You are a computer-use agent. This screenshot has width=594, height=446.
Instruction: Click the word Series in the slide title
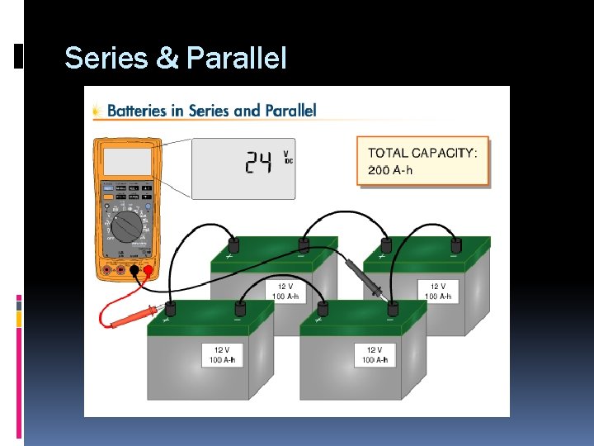coord(102,59)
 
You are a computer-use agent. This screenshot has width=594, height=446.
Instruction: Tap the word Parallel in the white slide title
coord(237,59)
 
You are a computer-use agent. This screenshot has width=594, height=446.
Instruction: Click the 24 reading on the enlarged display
coord(257,164)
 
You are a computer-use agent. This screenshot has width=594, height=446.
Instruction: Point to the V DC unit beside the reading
coord(287,157)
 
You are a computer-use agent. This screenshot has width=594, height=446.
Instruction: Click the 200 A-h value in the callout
coord(391,171)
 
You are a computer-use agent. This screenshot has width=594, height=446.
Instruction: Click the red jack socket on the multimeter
coord(148,270)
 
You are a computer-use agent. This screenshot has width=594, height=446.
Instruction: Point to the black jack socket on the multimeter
coord(134,270)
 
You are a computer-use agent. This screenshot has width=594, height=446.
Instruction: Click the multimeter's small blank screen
coord(126,162)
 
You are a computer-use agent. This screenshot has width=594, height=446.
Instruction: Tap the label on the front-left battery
coord(222,355)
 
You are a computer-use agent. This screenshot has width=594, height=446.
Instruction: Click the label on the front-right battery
coord(375,355)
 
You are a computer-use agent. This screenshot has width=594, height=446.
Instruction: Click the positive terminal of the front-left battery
coord(170,309)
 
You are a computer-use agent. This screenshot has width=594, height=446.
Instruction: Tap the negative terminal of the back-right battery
coord(455,245)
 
